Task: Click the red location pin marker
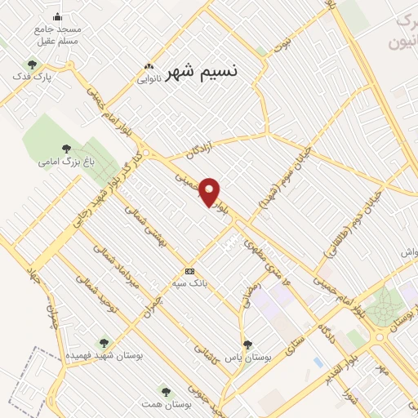(210, 192)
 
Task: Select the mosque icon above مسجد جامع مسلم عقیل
(56, 16)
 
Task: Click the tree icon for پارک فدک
(32, 63)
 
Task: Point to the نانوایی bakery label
(149, 79)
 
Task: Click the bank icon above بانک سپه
(190, 271)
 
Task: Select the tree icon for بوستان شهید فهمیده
(103, 344)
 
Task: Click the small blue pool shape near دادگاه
(318, 362)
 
